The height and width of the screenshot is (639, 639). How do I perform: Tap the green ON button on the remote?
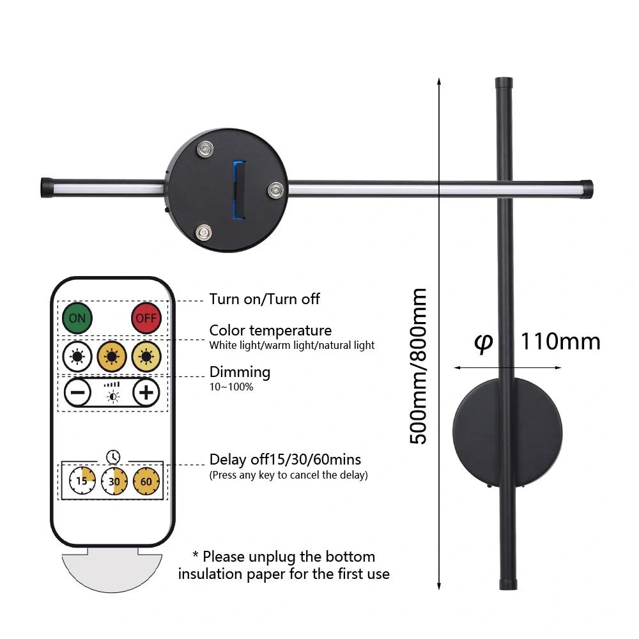(77, 318)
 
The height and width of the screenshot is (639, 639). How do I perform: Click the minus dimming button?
(78, 392)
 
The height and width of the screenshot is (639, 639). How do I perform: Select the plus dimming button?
(146, 392)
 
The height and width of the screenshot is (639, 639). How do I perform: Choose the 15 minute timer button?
(82, 481)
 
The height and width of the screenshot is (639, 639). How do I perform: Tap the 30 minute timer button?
(114, 481)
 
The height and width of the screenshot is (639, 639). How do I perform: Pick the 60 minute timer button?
(146, 481)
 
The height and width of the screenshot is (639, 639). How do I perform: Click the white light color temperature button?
(77, 357)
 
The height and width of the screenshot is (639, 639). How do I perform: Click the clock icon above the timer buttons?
(113, 457)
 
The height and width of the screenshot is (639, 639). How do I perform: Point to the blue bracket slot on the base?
(239, 190)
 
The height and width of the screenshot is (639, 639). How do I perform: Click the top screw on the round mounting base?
(205, 149)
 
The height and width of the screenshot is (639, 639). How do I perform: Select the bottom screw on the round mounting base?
(203, 233)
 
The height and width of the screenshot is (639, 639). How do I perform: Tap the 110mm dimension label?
(560, 341)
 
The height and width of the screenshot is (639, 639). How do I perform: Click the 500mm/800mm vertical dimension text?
(418, 366)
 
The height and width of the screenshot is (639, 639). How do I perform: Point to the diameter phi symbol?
(484, 343)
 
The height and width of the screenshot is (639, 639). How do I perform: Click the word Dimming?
(240, 373)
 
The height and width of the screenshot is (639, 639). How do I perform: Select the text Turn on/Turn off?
(265, 299)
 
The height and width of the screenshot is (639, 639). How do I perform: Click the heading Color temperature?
(270, 330)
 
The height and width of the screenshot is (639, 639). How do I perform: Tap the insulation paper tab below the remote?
(112, 570)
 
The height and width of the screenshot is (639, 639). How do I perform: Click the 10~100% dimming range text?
(231, 387)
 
